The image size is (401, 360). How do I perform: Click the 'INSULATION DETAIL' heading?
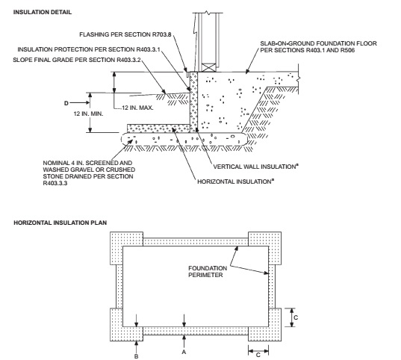click(43, 12)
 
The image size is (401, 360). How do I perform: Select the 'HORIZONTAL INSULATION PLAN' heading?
click(60, 223)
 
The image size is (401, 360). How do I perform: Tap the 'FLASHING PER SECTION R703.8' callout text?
click(125, 34)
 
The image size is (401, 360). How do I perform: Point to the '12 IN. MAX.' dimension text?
click(137, 108)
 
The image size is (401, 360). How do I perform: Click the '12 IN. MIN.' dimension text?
click(88, 114)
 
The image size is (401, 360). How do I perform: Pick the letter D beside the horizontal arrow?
click(66, 103)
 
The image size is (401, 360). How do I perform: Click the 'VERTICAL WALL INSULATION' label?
click(255, 167)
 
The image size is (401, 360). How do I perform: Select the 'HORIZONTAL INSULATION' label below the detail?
click(234, 181)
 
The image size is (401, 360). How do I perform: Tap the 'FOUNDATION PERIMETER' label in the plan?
click(208, 272)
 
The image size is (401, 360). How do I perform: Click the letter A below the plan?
click(184, 352)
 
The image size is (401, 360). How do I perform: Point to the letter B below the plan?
click(137, 356)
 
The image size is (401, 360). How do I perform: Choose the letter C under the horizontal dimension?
click(258, 355)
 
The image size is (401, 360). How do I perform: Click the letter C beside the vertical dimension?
click(296, 317)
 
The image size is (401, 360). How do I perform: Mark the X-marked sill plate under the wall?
click(209, 67)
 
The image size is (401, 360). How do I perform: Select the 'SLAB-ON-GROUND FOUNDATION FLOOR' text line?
click(318, 43)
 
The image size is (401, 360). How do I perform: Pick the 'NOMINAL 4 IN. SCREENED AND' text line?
click(87, 163)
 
